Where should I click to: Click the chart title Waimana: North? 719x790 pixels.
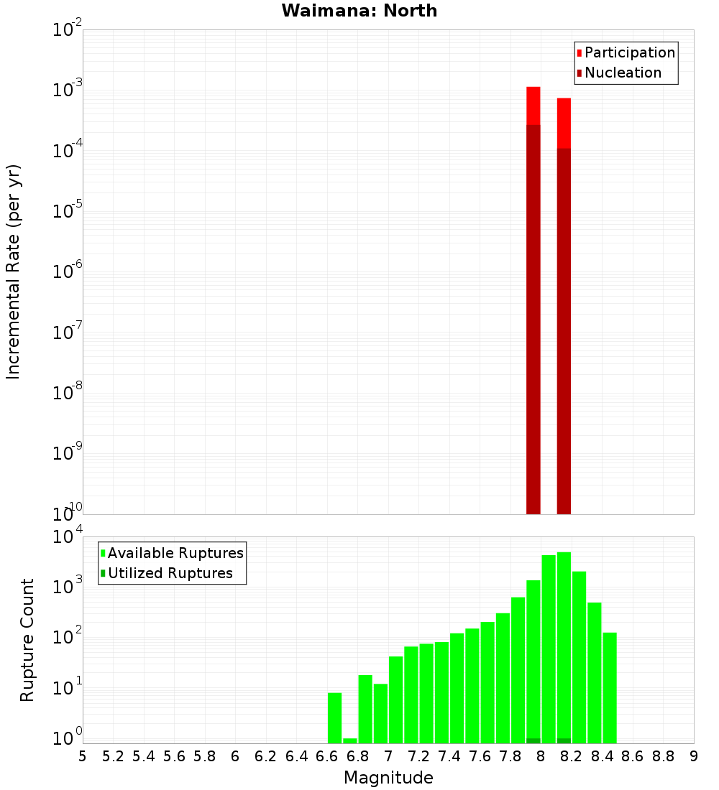(x=359, y=11)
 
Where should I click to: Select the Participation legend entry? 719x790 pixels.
(x=629, y=52)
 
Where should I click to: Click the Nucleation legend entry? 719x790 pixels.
(x=622, y=73)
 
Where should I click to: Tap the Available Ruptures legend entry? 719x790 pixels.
(x=175, y=553)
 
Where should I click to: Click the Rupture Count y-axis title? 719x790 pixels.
(x=27, y=640)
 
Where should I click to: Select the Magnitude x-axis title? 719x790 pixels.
(x=388, y=777)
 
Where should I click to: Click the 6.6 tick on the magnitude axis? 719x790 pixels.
(x=327, y=756)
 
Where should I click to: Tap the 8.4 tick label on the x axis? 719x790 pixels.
(x=603, y=756)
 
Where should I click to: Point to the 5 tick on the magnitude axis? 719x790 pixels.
(x=83, y=756)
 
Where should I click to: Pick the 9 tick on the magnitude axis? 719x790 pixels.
(x=694, y=756)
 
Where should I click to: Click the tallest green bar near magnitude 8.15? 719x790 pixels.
(x=564, y=646)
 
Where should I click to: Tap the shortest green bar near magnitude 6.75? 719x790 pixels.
(x=350, y=740)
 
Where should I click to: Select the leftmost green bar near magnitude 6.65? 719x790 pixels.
(x=334, y=718)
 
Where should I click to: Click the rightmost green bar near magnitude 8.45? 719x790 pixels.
(x=610, y=688)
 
